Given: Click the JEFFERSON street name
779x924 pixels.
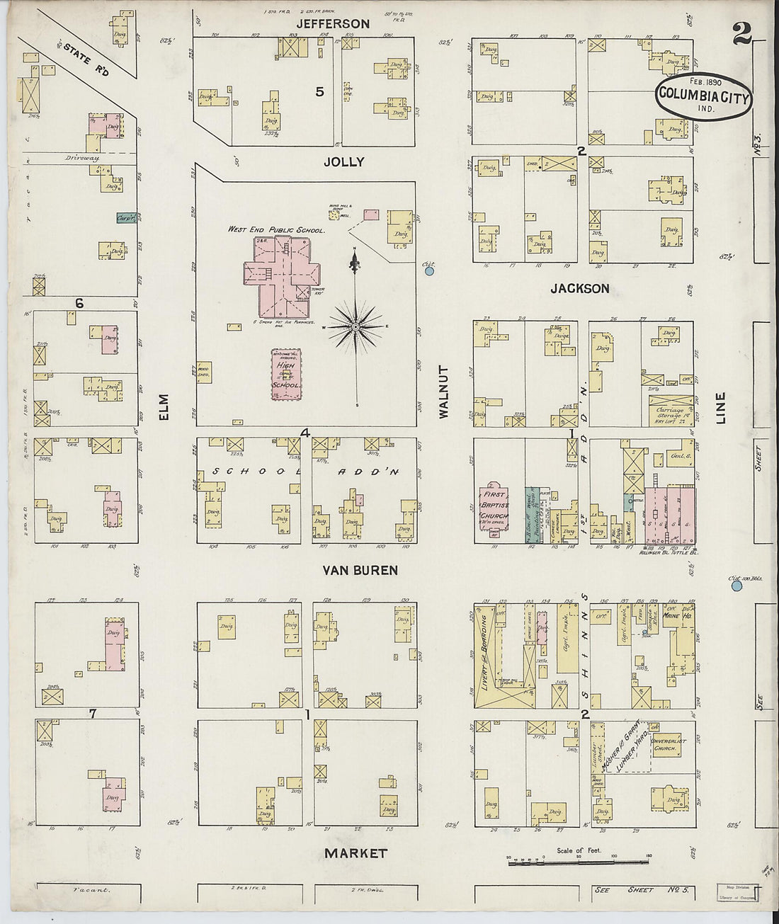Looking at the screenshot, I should point(333,24).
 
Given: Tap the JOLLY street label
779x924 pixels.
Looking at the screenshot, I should point(343,162).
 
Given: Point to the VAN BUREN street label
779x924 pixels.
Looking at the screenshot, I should point(360,570).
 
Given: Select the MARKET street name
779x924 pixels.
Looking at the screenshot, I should point(356,853).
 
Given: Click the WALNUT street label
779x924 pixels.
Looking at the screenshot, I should point(445,392).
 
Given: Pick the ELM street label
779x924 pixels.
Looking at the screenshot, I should point(164,407).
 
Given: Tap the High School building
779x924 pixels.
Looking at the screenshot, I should point(287,375).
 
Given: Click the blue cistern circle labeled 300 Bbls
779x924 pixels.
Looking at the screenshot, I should point(737,585).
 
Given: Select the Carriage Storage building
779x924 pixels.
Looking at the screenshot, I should point(670,411).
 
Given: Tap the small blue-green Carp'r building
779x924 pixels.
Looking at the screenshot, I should point(127,219).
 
